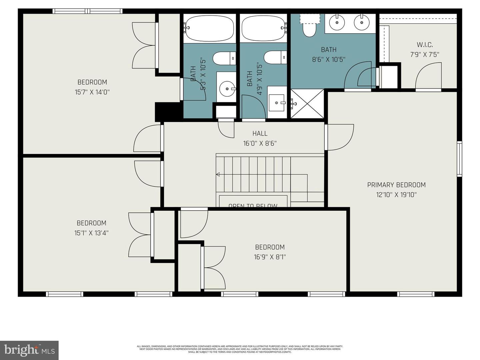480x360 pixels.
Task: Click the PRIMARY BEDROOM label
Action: click(396, 185)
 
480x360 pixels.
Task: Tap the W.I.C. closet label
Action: click(425, 45)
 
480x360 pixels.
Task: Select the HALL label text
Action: click(260, 133)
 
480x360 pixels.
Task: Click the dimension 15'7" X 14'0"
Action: click(92, 92)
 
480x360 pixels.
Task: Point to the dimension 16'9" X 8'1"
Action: click(270, 257)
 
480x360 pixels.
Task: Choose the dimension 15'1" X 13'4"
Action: click(91, 233)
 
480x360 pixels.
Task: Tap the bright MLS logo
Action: click(29, 350)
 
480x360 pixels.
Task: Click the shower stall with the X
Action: click(307, 103)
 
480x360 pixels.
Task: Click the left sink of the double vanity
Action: click(337, 22)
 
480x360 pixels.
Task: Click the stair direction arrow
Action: click(218, 174)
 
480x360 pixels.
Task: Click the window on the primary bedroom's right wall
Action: click(459, 159)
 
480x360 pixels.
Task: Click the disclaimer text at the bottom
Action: click(240, 349)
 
